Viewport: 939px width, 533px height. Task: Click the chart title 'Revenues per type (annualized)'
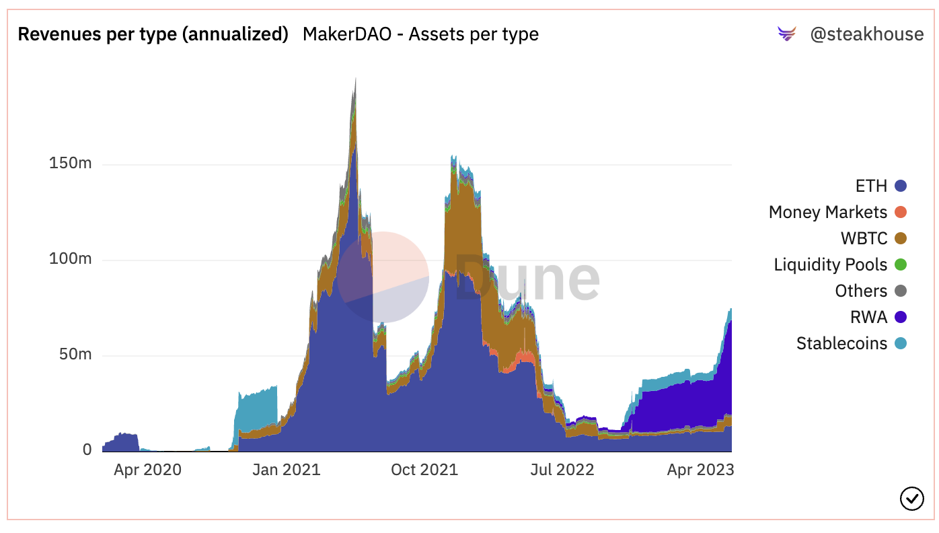(153, 34)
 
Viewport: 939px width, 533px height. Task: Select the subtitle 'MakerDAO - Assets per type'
(420, 34)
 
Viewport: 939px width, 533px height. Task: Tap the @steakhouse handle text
(866, 34)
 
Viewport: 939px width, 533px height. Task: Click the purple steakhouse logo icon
(786, 34)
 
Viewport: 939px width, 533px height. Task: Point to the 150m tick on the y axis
(70, 164)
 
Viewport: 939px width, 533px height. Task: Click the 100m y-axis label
(70, 259)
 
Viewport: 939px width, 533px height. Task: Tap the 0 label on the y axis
(87, 450)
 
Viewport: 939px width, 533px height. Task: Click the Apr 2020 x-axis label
(147, 470)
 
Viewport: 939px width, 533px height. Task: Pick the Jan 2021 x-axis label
(287, 470)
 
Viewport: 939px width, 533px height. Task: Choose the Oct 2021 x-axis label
(424, 470)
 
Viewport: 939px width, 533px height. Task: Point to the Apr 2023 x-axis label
(700, 470)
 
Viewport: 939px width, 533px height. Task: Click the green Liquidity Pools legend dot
(900, 265)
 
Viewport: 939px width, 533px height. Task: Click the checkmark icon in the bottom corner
(911, 499)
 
